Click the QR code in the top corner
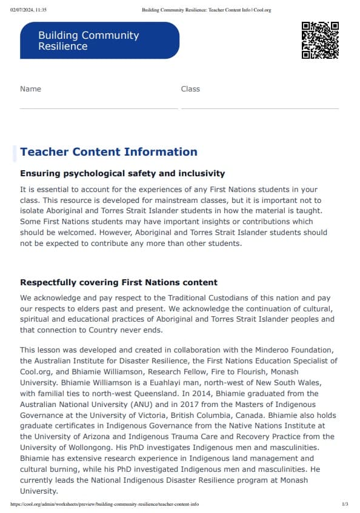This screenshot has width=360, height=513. click(320, 40)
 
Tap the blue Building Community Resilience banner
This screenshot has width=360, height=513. click(99, 41)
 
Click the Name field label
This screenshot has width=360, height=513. click(30, 89)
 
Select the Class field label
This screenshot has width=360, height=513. click(190, 89)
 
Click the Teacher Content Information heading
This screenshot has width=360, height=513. click(108, 152)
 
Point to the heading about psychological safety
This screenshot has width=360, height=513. click(122, 174)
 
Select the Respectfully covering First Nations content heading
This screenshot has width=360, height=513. click(119, 283)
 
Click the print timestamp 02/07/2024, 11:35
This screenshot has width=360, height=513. click(29, 10)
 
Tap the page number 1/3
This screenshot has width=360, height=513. click(345, 504)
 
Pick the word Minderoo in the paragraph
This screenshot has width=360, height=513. click(264, 349)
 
